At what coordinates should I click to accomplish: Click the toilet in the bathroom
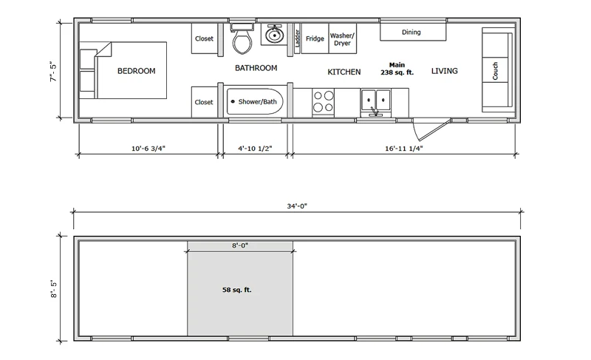242,39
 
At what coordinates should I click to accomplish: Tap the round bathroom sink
274,35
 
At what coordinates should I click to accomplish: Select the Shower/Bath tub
254,102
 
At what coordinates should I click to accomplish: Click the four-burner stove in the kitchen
324,102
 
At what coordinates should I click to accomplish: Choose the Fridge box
315,38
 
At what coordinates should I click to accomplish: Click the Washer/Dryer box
343,38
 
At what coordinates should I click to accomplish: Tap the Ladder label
297,38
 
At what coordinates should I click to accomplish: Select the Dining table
413,32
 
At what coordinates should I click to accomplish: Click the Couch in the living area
497,69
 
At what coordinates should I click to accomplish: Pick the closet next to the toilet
205,38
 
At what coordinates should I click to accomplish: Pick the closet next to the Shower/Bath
205,102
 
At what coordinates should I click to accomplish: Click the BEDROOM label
137,71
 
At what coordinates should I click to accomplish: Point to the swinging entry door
431,129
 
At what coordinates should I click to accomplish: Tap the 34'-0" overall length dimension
297,206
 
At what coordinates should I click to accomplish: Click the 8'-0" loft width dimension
240,245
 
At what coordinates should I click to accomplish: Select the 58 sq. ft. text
236,290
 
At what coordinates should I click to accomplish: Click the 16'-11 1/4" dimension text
403,149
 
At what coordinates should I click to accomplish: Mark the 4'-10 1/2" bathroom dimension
255,149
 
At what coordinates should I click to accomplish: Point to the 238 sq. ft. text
397,72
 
